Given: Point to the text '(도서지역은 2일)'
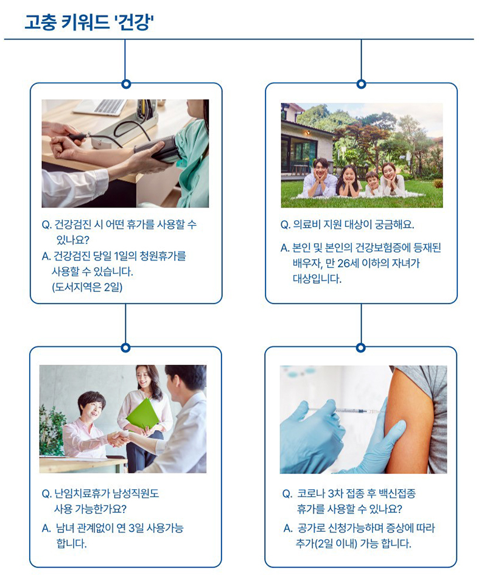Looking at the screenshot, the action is (x=87, y=287).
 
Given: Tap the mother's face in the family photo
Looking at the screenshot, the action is (x=388, y=172).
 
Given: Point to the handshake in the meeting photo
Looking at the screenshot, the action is (x=118, y=439).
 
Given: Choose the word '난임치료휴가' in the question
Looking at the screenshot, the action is (x=81, y=493).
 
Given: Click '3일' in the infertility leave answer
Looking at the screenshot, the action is (x=136, y=528).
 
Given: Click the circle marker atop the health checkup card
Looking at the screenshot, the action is (x=126, y=84).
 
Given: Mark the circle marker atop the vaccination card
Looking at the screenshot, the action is (x=361, y=347).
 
